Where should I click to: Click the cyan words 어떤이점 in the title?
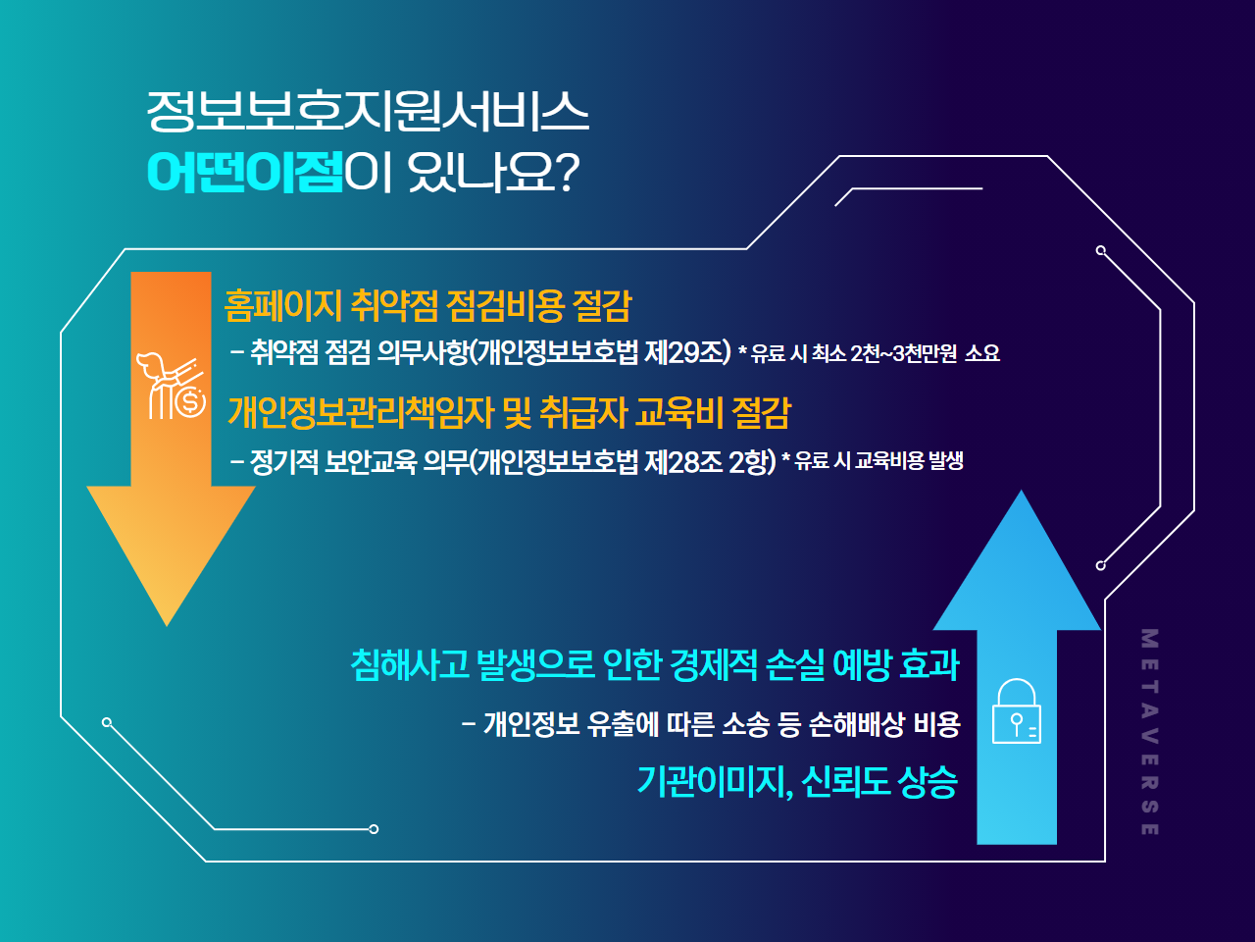(x=245, y=172)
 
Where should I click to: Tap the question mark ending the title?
(x=567, y=172)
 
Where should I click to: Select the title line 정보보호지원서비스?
(x=368, y=111)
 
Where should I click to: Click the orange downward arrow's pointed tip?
(x=167, y=626)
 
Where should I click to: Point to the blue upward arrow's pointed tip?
(x=1021, y=491)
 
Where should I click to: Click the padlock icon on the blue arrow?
(x=1017, y=711)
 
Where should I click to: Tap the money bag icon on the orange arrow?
(x=171, y=386)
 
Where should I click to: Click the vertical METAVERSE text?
(x=1150, y=732)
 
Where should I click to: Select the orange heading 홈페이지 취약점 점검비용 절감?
(x=427, y=306)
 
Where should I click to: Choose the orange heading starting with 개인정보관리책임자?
(x=510, y=412)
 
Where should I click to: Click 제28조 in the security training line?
(x=683, y=461)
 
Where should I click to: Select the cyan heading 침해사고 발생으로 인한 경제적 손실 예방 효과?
(x=655, y=665)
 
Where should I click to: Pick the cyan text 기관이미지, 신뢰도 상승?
(x=797, y=781)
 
